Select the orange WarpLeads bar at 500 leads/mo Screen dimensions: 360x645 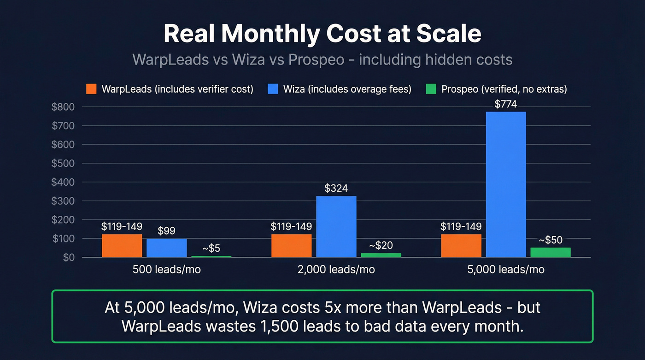(122, 246)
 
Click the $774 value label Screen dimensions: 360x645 (505, 104)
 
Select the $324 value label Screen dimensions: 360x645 (336, 188)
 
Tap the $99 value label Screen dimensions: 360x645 (166, 230)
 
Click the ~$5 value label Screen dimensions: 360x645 (211, 248)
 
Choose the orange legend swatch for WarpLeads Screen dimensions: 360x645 (92, 89)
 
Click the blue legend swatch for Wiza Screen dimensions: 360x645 (273, 89)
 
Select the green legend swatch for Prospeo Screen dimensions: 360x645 (431, 89)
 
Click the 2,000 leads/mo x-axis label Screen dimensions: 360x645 (336, 270)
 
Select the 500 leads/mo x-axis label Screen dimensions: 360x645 (166, 270)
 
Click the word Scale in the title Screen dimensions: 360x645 (444, 34)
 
